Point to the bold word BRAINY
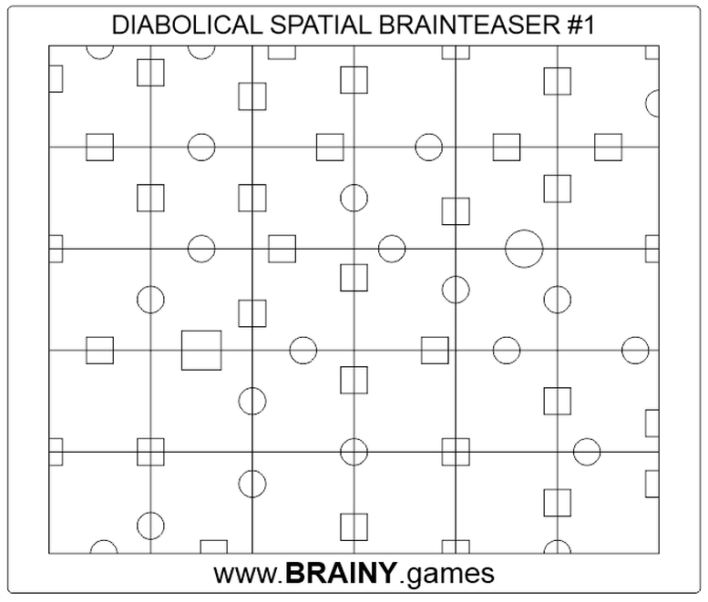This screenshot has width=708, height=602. click(x=342, y=574)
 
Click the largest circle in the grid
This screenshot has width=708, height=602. click(x=524, y=249)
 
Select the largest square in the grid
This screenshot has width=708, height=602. click(x=201, y=351)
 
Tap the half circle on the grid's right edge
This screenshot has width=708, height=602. click(x=652, y=103)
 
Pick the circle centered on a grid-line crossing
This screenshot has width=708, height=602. click(x=354, y=452)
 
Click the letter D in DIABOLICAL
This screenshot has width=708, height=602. click(x=119, y=25)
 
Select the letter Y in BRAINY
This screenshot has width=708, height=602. click(x=388, y=574)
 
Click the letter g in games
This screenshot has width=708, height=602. click(x=416, y=576)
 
